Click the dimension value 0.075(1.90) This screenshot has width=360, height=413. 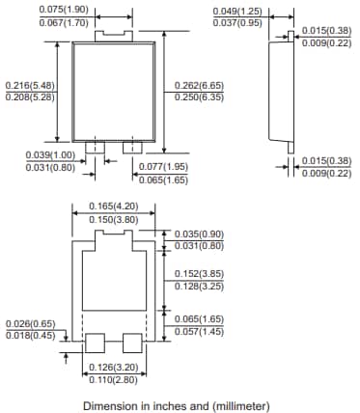tap(64, 10)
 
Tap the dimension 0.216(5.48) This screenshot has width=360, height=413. tap(30, 85)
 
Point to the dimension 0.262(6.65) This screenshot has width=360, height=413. tap(199, 84)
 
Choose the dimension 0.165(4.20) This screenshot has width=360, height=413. tap(114, 206)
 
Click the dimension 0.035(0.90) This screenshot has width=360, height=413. tap(199, 234)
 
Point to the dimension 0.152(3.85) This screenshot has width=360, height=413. tap(199, 274)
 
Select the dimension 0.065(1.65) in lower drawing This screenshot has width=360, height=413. tap(199, 318)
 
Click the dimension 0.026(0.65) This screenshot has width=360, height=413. tap(30, 324)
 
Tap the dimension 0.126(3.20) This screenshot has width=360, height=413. tap(114, 369)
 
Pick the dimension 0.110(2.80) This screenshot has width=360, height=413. tap(114, 380)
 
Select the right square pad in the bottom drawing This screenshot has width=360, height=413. tap(133, 343)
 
